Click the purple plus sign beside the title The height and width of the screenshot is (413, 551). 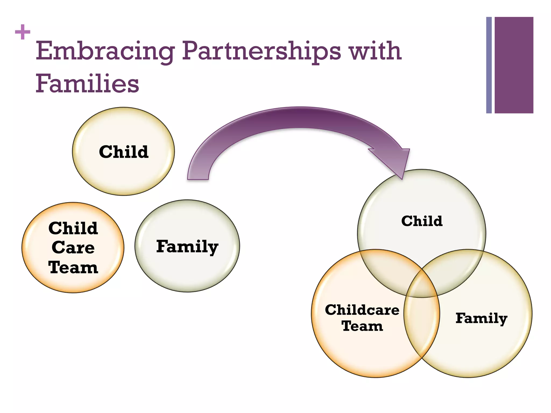tap(23, 32)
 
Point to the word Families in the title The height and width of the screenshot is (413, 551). tap(87, 83)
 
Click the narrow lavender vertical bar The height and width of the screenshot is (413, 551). tap(489, 65)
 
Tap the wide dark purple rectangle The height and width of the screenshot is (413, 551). tap(514, 65)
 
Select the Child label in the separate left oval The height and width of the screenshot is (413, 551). tap(124, 152)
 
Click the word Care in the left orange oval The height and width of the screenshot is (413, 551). tap(73, 247)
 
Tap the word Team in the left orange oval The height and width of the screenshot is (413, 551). tap(73, 268)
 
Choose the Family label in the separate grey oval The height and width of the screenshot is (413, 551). tap(187, 247)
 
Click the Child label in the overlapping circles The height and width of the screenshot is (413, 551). tap(422, 221)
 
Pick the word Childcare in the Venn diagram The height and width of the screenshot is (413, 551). tap(362, 310)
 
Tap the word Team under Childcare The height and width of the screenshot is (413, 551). tap(362, 326)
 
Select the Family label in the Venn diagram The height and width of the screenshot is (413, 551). tap(481, 318)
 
